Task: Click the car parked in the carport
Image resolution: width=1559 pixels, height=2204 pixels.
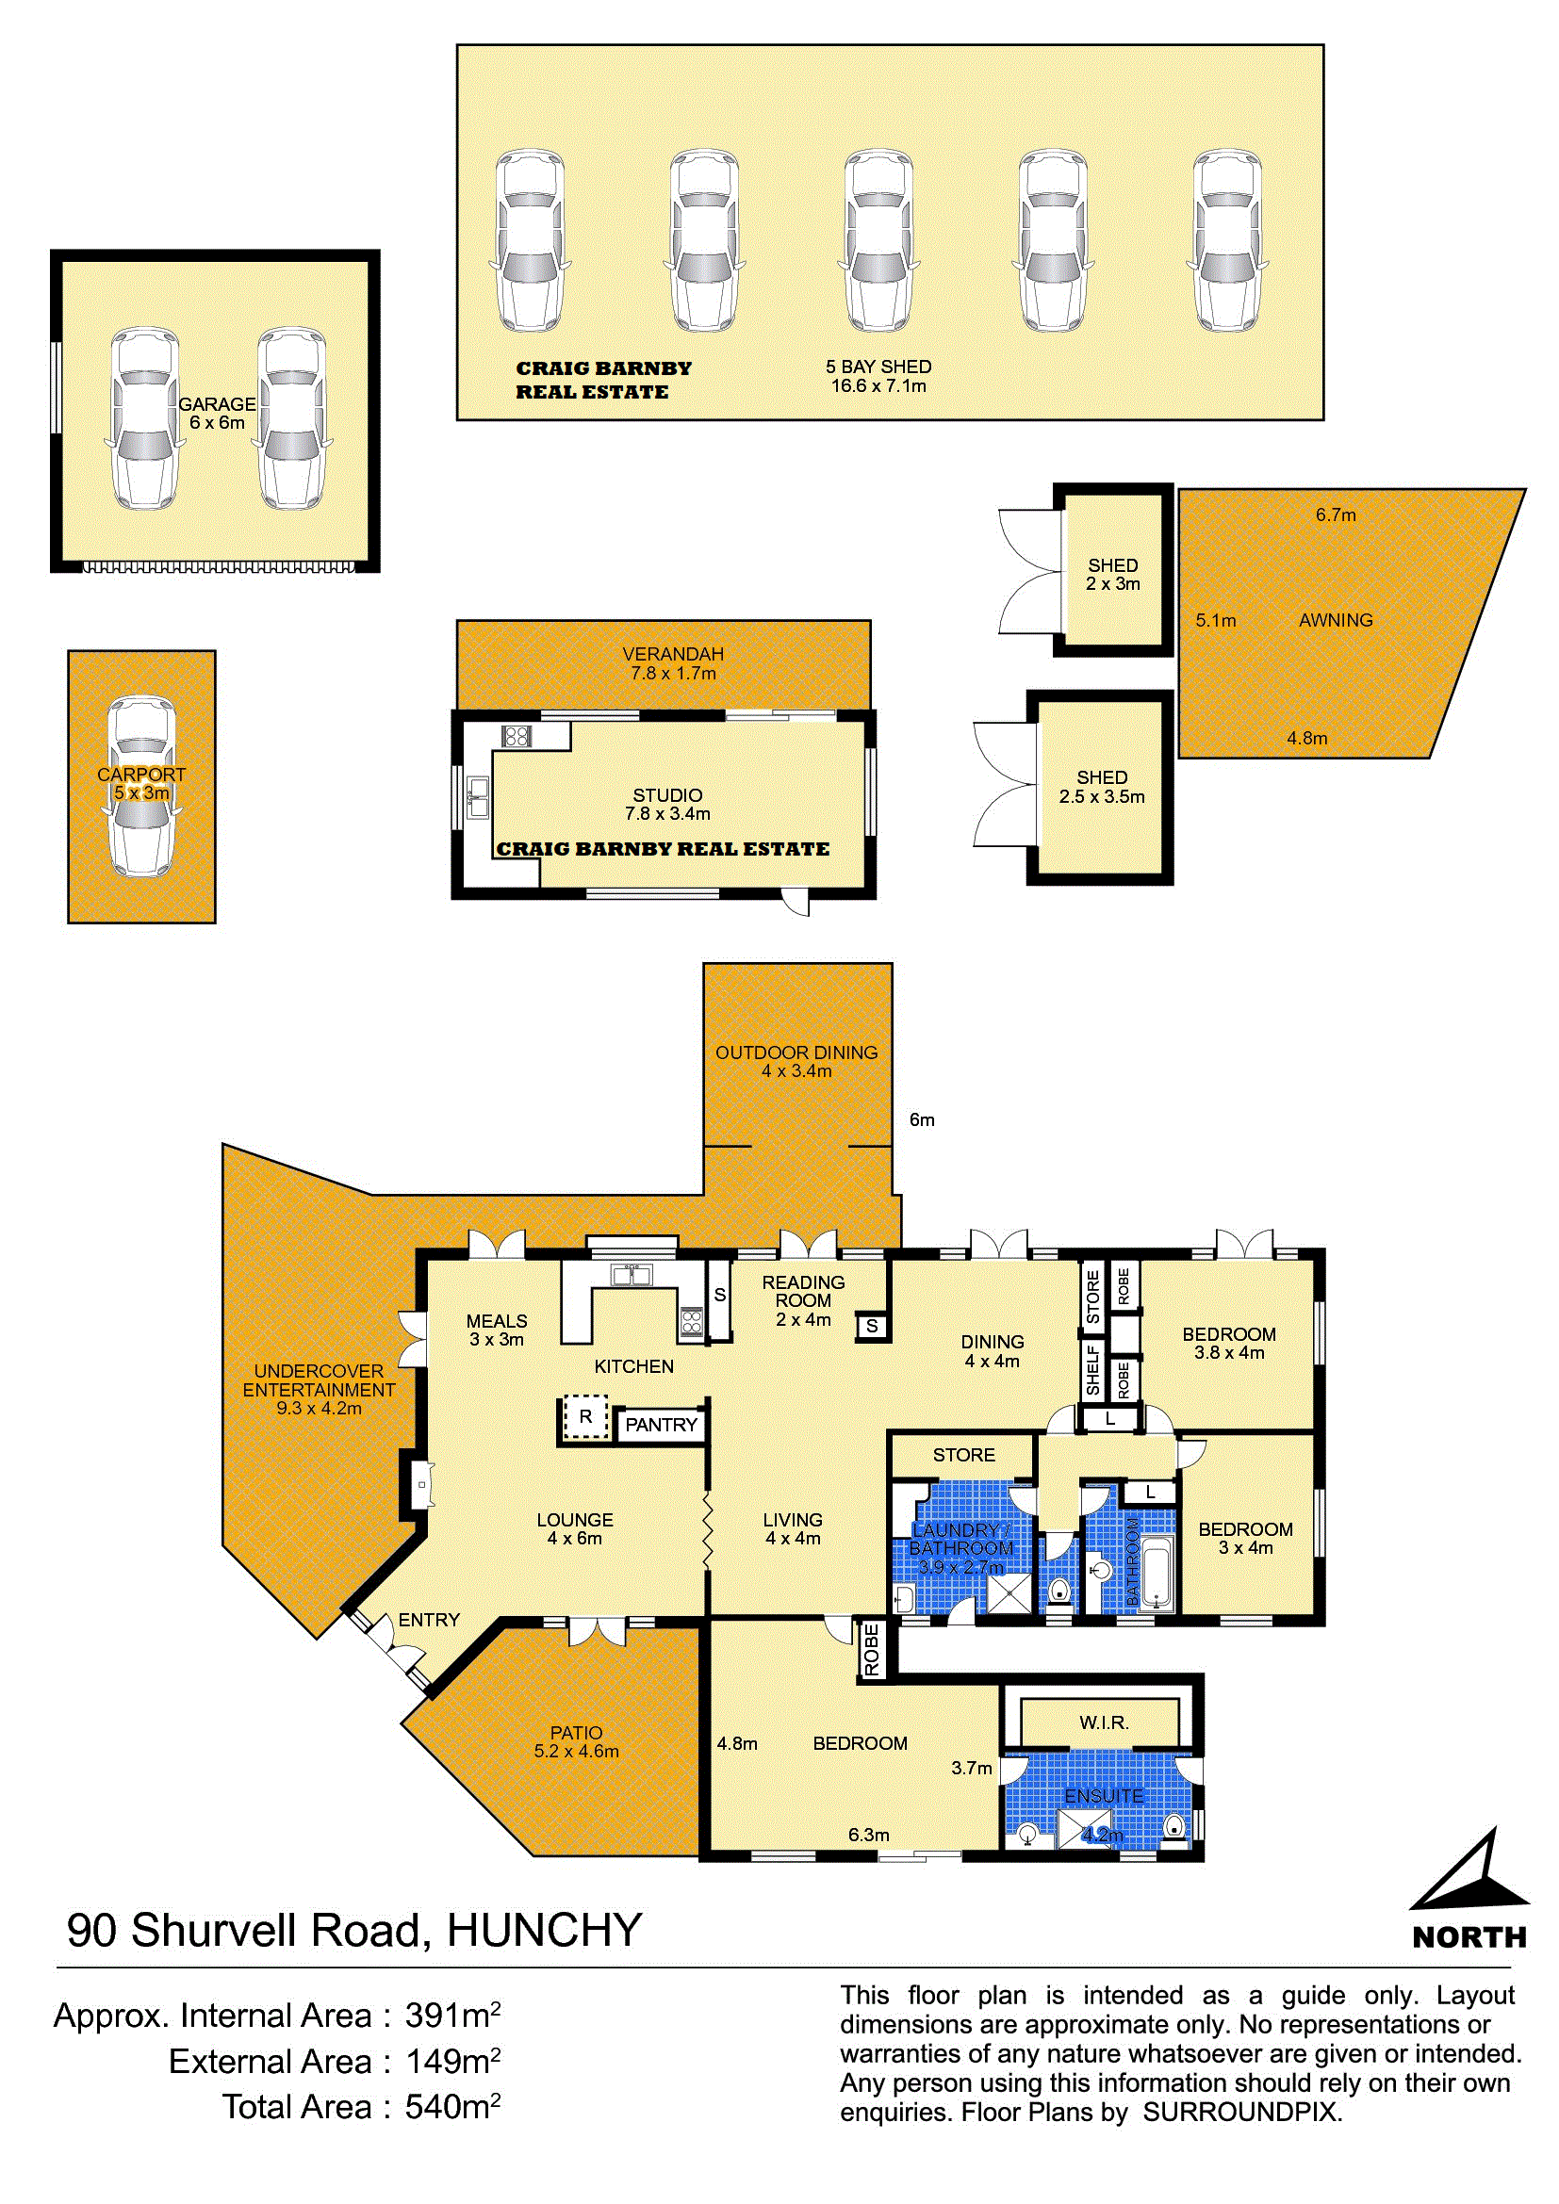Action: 142,786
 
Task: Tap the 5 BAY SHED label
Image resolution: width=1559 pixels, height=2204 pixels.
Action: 878,367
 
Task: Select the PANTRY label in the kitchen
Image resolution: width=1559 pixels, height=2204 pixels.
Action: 662,1425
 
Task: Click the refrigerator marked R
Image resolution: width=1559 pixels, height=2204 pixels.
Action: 585,1418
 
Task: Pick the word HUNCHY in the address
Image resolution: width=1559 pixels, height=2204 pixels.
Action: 544,1931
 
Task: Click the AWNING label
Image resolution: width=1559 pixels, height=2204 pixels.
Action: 1337,620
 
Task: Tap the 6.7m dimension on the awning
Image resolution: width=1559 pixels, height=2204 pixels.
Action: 1337,514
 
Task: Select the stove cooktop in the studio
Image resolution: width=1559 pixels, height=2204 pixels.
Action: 517,736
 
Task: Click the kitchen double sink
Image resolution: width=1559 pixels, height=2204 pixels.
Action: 632,1275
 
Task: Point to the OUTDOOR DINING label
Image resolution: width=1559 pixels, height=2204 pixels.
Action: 796,1053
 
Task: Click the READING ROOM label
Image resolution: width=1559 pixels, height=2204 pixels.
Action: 803,1291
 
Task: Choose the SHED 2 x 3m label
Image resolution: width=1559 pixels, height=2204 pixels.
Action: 1113,575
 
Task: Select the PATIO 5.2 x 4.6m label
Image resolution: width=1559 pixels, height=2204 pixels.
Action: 577,1742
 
